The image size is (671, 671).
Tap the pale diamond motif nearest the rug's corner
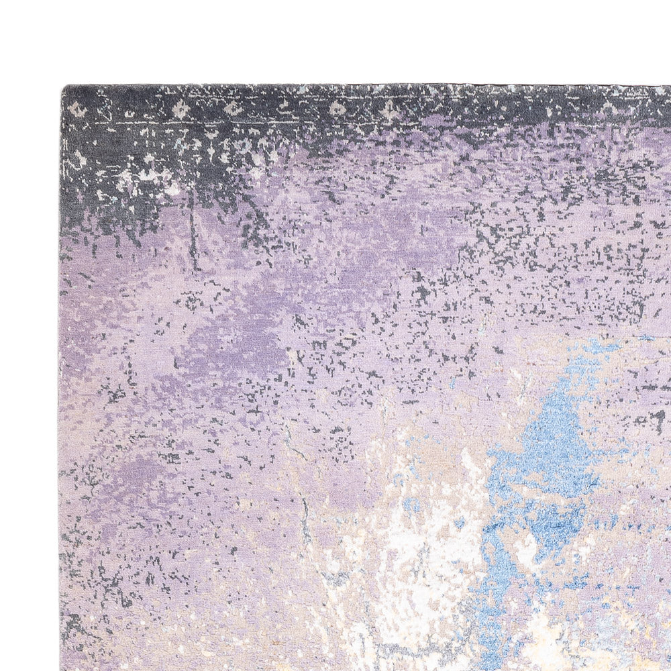click(75, 107)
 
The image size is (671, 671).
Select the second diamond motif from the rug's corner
click(180, 109)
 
